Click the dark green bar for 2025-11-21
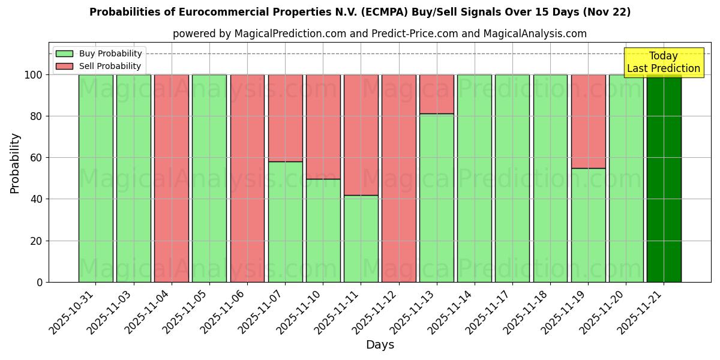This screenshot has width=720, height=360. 664,178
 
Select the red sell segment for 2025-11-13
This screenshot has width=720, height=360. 437,94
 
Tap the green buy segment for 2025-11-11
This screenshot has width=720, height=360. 361,238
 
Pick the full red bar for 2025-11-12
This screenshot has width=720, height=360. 399,178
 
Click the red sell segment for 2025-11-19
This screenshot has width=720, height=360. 588,121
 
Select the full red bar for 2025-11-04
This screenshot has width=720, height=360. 172,178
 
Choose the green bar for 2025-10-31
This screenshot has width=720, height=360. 96,178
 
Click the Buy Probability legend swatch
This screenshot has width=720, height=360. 64,53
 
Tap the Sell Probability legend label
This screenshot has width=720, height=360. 110,66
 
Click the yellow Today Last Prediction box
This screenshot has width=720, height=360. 664,62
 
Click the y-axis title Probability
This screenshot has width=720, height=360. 15,163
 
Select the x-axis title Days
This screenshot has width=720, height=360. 380,345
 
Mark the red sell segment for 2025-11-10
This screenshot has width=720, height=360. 323,127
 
